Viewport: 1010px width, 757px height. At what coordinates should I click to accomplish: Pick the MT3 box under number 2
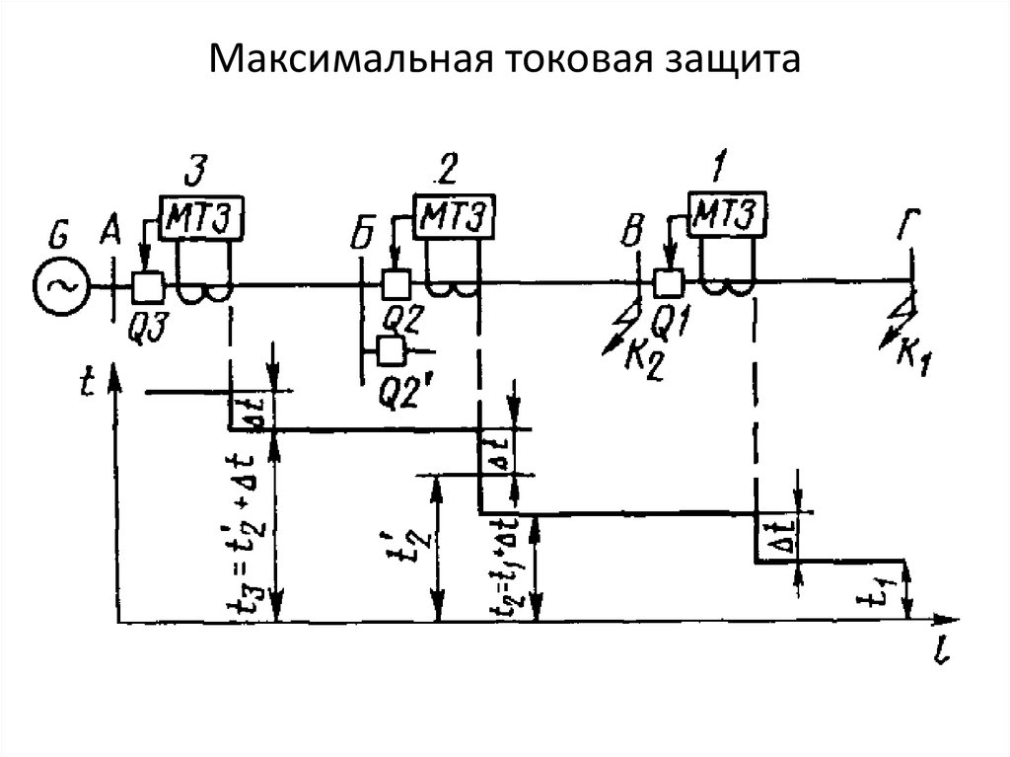(453, 214)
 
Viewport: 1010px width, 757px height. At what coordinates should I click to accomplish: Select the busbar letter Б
(364, 238)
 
